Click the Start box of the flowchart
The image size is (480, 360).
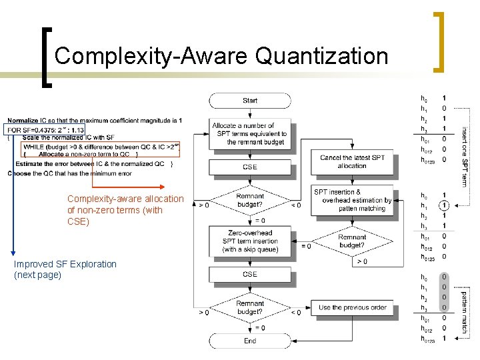250,101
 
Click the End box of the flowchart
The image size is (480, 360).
250,341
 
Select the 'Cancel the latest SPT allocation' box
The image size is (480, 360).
352,161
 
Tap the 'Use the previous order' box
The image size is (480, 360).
352,307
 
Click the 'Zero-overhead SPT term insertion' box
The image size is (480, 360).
250,241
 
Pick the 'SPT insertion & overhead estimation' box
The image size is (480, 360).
352,200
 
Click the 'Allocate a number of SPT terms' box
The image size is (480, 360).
250,133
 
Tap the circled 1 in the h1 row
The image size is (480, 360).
444,205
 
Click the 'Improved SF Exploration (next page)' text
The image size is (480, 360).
65,269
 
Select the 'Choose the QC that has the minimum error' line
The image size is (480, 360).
69,173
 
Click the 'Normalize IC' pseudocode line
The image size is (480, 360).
93,120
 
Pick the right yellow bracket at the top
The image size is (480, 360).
439,41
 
